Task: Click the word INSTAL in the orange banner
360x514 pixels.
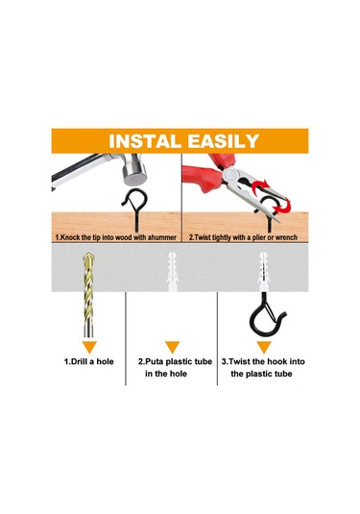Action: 145,141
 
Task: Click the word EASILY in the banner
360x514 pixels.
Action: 224,141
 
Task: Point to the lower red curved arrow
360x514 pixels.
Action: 283,206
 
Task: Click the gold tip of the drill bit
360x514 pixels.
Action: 89,259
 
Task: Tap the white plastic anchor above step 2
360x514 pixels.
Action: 172,272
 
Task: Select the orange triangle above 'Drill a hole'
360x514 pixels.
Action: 89,347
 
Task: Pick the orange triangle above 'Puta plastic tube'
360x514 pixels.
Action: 172,347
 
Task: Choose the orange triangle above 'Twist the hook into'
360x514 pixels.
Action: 264,347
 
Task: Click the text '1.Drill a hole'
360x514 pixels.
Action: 88,361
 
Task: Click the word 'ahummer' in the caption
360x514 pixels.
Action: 162,237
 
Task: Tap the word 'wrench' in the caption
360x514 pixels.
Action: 286,237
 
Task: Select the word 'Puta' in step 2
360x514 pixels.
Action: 151,361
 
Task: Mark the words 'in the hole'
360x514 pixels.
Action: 166,374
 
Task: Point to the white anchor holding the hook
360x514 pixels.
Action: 264,272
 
